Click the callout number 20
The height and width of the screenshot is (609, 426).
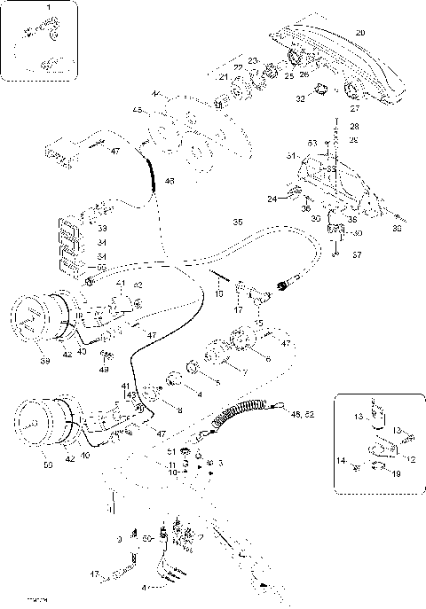pos(359,33)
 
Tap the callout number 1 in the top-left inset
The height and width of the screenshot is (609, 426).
pos(48,7)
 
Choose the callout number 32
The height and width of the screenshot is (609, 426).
pos(300,99)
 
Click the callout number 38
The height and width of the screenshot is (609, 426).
pos(396,228)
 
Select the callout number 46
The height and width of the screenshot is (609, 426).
pos(169,182)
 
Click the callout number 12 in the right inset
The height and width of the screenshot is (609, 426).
pos(410,458)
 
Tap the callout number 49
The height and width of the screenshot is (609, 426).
pos(104,370)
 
